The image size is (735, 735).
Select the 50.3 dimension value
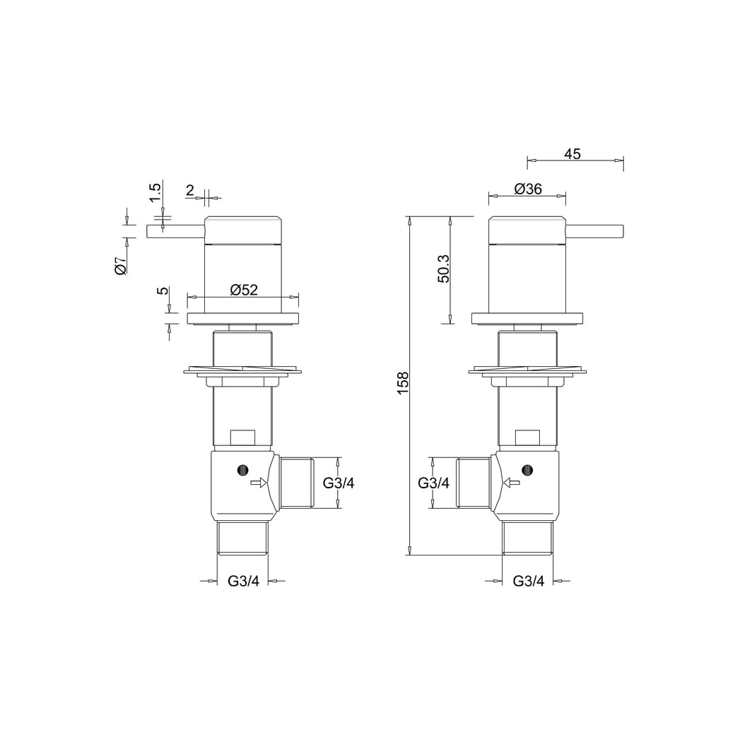(x=443, y=269)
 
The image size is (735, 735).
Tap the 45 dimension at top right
(x=572, y=154)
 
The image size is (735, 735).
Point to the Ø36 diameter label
(x=528, y=189)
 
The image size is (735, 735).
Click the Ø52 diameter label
(x=244, y=290)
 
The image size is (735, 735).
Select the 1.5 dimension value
(x=155, y=192)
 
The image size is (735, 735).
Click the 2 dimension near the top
(x=190, y=190)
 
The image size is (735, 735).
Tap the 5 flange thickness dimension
(x=163, y=290)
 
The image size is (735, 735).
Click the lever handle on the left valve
(x=176, y=232)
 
